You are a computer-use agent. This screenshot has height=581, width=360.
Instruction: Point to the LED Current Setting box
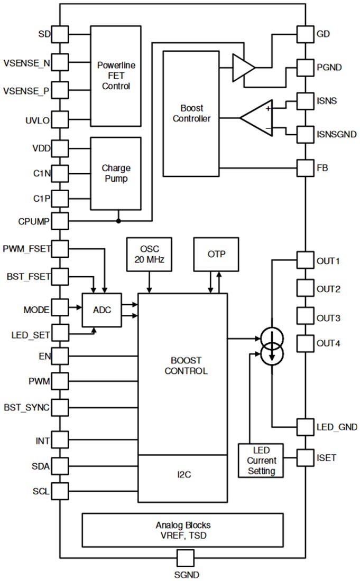pyautogui.click(x=261, y=460)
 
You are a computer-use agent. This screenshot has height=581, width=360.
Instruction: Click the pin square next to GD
pyautogui.click(x=306, y=34)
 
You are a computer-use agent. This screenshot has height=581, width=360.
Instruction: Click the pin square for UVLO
pyautogui.click(x=60, y=120)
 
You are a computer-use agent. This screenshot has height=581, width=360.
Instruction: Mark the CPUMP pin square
pyautogui.click(x=60, y=220)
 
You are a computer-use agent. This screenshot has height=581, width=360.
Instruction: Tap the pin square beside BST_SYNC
pyautogui.click(x=60, y=407)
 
